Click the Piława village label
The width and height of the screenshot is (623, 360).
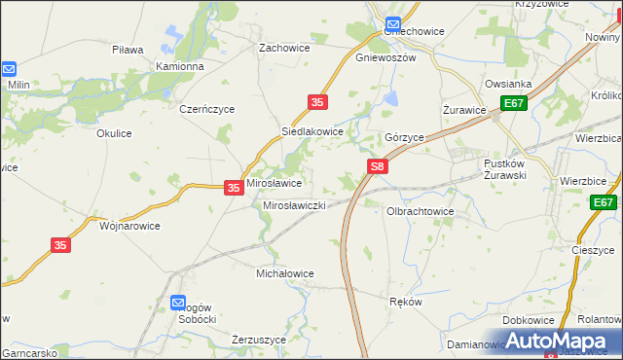pos(128,50)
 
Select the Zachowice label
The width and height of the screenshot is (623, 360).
pos(283,47)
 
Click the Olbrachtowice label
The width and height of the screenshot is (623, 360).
pos(421,210)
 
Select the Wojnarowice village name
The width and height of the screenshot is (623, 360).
pos(130,226)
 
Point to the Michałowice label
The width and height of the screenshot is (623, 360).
pos(284,274)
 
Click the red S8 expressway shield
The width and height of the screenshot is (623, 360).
pos(379,168)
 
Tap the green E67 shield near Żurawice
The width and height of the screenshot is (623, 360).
pos(514,103)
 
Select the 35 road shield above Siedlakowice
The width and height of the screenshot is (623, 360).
pos(316,102)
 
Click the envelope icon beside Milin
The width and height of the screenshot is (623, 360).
pos(9,70)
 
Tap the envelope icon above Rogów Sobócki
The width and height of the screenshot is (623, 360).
pos(178,303)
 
